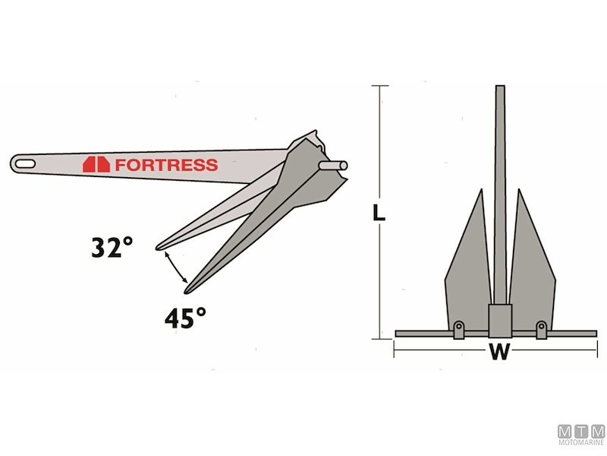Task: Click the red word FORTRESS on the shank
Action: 166,164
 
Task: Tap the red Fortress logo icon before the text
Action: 96,164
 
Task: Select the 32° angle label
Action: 112,248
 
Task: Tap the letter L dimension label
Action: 379,213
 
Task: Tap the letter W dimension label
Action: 498,353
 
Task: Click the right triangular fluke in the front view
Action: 531,266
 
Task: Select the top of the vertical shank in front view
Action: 500,90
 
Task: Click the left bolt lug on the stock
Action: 458,329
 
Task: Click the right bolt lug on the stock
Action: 541,329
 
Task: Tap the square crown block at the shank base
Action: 499,319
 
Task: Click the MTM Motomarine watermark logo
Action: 580,435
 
